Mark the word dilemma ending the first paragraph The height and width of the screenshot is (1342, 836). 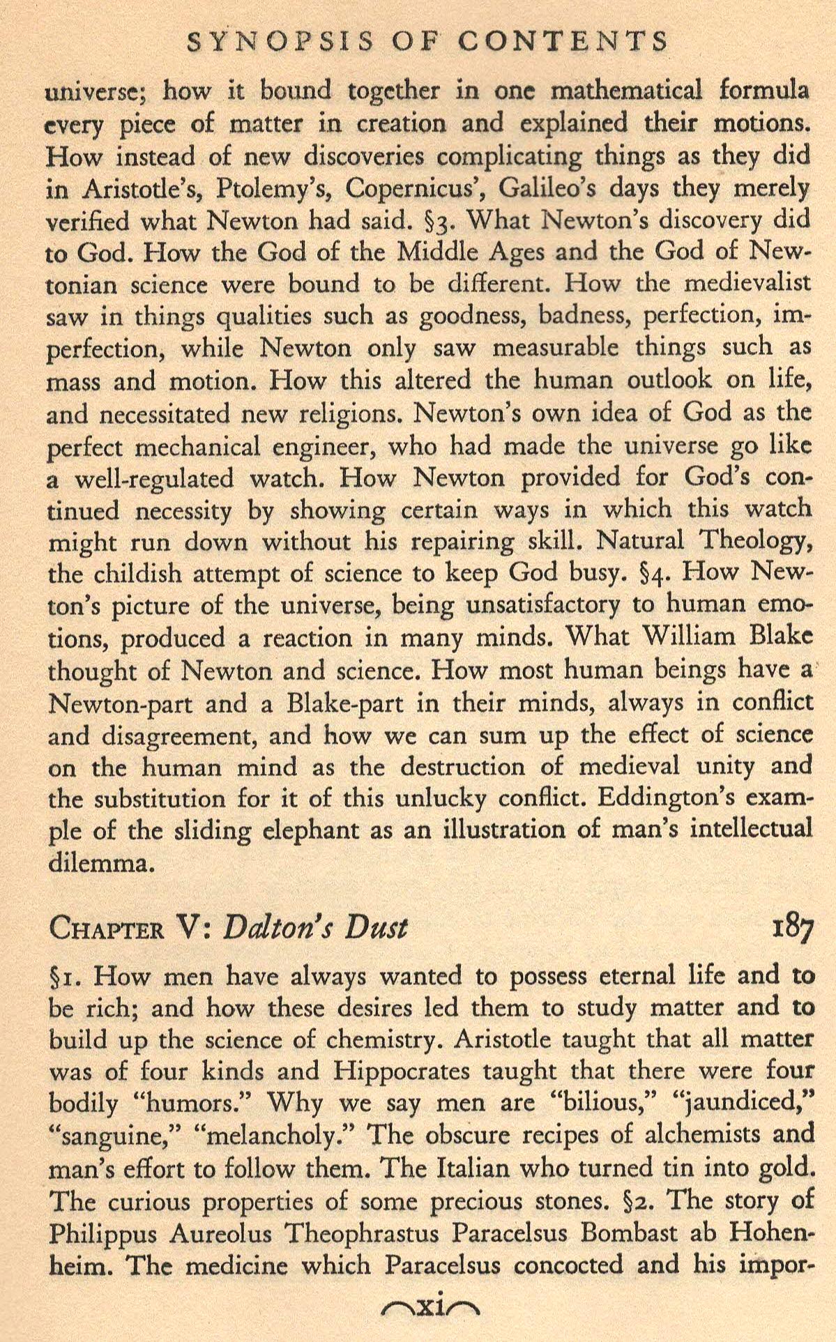pyautogui.click(x=99, y=864)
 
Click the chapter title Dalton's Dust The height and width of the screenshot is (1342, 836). pyautogui.click(x=314, y=929)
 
